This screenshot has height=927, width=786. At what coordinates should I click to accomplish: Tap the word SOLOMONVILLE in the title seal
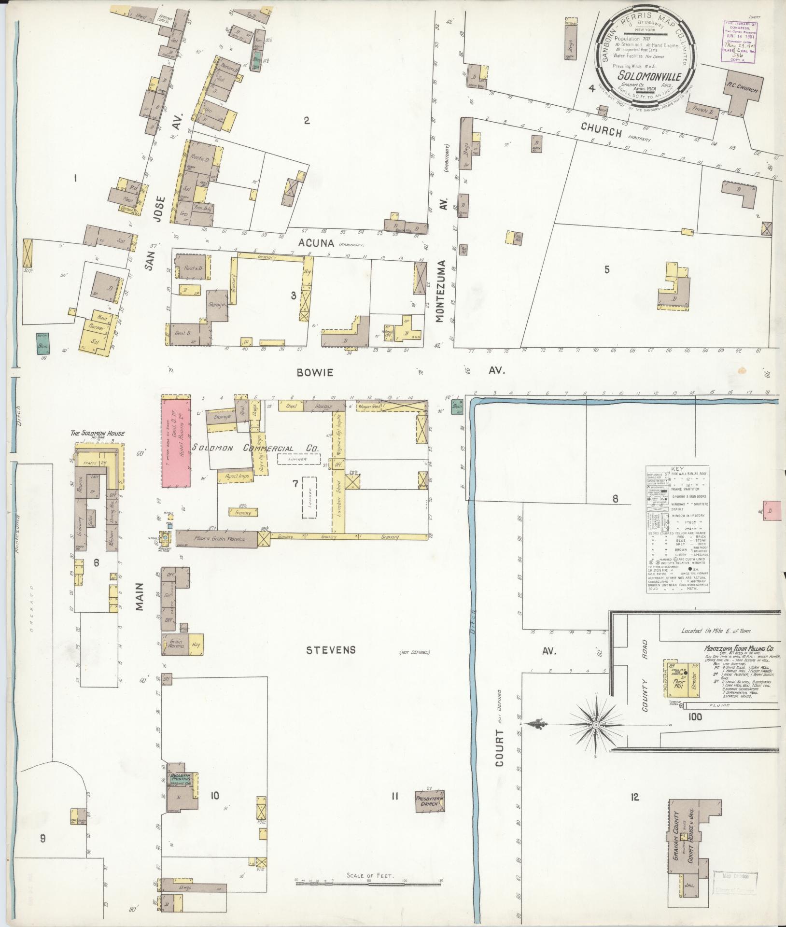pyautogui.click(x=643, y=76)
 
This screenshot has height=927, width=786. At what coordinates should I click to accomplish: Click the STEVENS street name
pyautogui.click(x=331, y=650)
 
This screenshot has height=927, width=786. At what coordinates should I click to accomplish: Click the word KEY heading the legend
pyautogui.click(x=677, y=469)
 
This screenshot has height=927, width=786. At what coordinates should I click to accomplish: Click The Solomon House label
pyautogui.click(x=98, y=434)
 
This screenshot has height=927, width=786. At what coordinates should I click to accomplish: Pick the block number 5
pyautogui.click(x=607, y=269)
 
